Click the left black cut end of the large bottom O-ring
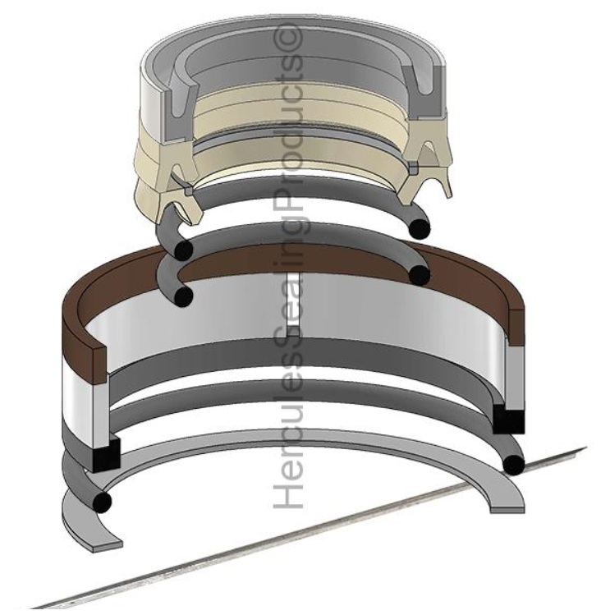click(x=103, y=501)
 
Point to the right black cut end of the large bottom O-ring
click(x=514, y=466)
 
